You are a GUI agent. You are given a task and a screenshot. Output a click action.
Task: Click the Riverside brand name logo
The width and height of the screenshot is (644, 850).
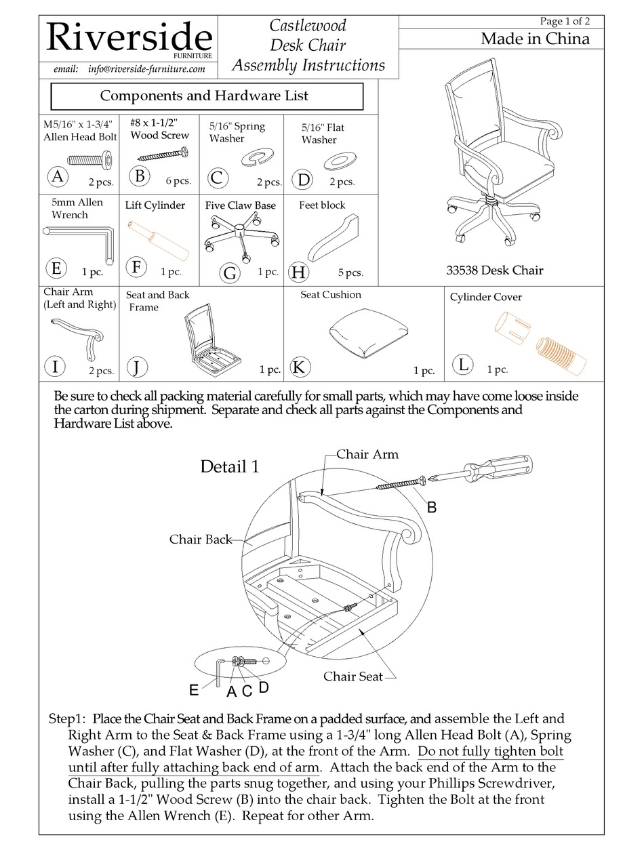(128, 38)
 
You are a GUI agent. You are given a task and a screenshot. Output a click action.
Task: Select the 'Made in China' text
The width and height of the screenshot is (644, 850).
(535, 39)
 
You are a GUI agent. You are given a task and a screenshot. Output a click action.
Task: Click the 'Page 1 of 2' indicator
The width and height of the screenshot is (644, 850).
(565, 21)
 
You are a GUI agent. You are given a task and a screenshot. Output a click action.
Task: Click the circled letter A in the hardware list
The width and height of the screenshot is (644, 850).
(59, 176)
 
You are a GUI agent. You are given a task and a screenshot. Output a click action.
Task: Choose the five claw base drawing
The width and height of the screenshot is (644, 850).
(240, 234)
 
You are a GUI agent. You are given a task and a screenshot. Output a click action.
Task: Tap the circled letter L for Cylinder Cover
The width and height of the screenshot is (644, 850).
(464, 365)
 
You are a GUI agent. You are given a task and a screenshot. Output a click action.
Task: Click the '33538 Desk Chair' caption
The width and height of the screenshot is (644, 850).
(494, 270)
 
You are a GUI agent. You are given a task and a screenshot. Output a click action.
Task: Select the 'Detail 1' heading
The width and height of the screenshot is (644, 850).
(229, 466)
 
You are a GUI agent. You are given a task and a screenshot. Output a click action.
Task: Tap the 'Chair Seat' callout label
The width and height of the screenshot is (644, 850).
(353, 676)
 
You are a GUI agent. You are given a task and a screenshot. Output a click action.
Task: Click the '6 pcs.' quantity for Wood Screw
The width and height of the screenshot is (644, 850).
(178, 181)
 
